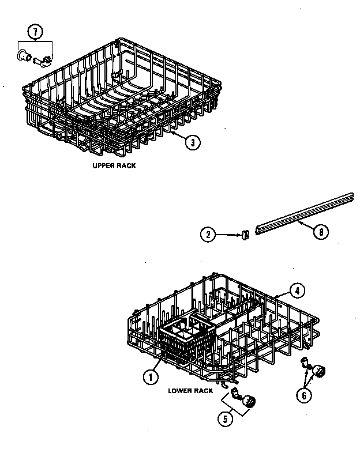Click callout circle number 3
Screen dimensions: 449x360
[x=194, y=142]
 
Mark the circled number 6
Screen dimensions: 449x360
[x=304, y=395]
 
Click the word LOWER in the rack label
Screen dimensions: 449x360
[x=178, y=390]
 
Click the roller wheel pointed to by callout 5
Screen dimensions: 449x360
[x=249, y=402]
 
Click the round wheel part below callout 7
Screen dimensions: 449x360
[x=24, y=55]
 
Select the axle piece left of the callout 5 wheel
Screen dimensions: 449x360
[x=235, y=394]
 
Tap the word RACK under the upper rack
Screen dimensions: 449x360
[x=126, y=165]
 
